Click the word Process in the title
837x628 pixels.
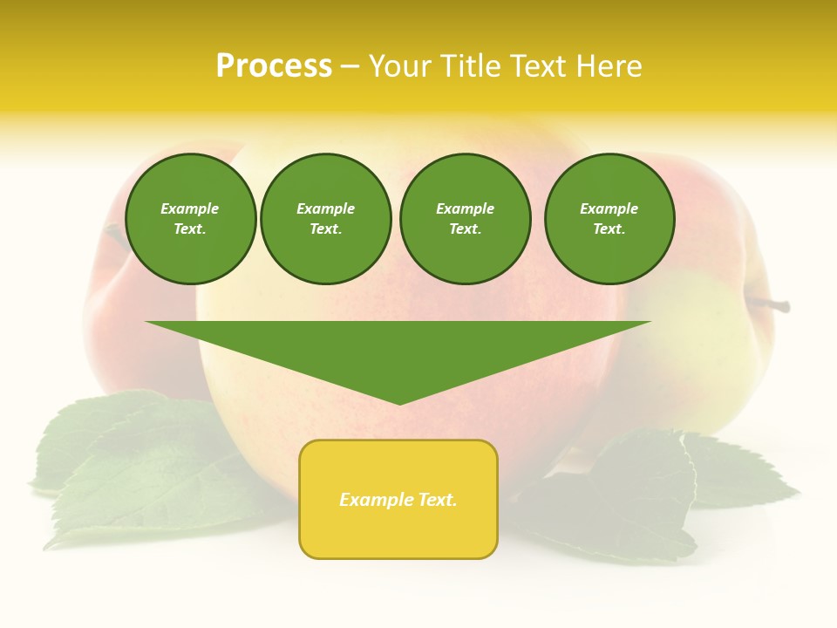pos(274,66)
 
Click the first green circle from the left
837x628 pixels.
pos(190,219)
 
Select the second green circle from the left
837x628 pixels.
pos(325,219)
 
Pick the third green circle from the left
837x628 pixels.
pos(465,219)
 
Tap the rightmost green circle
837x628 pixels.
pos(609,219)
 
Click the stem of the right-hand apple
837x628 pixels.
pos(771,304)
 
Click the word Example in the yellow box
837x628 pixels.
pos(372,500)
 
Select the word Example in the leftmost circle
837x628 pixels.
pos(190,208)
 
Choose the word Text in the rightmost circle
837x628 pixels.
pos(609,229)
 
